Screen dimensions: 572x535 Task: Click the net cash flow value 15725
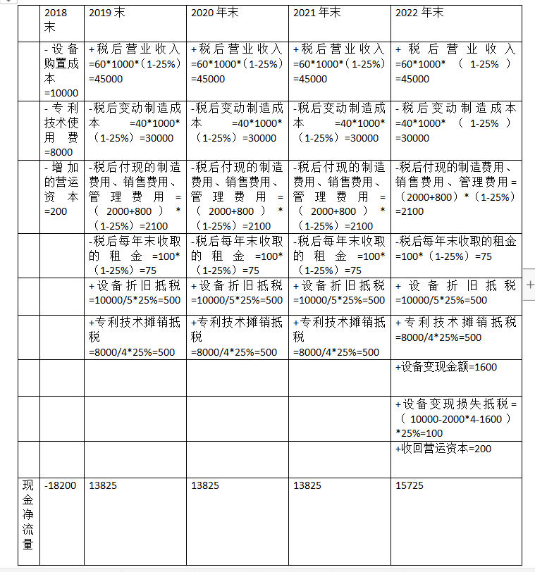point(411,486)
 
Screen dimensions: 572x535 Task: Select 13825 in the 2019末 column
point(104,486)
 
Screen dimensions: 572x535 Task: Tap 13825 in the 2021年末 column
point(307,486)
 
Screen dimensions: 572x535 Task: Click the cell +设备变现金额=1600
point(447,367)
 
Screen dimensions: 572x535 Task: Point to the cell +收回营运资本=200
point(443,449)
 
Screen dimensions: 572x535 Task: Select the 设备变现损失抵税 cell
point(456,418)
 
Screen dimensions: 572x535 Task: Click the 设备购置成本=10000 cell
point(61,71)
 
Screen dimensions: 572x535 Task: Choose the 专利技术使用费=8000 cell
point(61,130)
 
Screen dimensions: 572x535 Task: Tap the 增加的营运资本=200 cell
point(61,189)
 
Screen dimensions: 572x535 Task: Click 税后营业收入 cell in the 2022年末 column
point(456,64)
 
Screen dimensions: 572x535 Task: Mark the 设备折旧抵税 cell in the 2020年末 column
point(237,293)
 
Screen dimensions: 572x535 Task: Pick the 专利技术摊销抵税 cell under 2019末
point(135,337)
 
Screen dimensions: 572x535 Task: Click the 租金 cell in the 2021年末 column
point(339,256)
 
